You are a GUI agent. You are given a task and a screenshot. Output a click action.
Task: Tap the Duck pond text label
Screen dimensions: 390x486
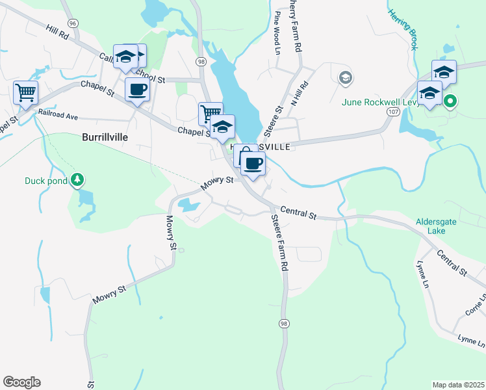(x=46, y=181)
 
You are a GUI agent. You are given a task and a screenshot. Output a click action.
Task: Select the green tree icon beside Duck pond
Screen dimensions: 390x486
(x=77, y=179)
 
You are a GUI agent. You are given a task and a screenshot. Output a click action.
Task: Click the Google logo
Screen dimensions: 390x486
(x=21, y=382)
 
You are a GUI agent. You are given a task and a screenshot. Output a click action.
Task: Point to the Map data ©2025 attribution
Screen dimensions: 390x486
(x=458, y=384)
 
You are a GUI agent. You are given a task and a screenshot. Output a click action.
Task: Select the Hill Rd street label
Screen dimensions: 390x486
(x=57, y=32)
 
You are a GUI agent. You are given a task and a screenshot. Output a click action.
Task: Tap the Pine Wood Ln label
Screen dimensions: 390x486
(x=277, y=32)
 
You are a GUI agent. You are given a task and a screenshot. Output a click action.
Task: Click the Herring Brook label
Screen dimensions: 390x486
(x=403, y=29)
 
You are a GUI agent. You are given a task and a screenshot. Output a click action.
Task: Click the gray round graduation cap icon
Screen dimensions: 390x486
(x=345, y=79)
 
